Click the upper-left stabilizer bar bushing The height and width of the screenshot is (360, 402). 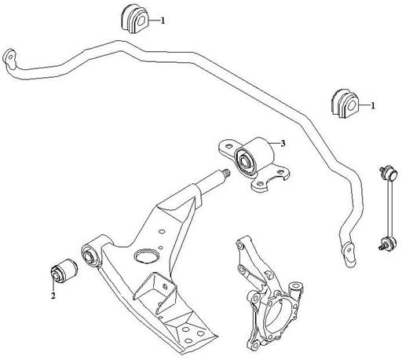click(135, 19)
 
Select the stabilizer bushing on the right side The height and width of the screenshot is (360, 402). click(345, 104)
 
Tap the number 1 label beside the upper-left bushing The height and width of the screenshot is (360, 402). click(163, 20)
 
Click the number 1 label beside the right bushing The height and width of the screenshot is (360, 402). click(373, 106)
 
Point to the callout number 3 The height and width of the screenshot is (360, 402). click(283, 143)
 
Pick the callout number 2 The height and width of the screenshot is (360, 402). click(53, 296)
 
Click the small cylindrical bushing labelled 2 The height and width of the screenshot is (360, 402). click(64, 271)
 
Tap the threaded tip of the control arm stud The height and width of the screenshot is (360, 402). click(227, 173)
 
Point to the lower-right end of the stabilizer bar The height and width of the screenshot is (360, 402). click(349, 254)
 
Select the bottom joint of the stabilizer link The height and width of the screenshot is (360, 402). click(389, 242)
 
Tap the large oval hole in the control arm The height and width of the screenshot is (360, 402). click(146, 255)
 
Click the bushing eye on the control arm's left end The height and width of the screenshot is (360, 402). click(90, 254)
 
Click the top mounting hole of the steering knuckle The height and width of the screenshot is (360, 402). click(239, 245)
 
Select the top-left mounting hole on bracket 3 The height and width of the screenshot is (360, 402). click(229, 146)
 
